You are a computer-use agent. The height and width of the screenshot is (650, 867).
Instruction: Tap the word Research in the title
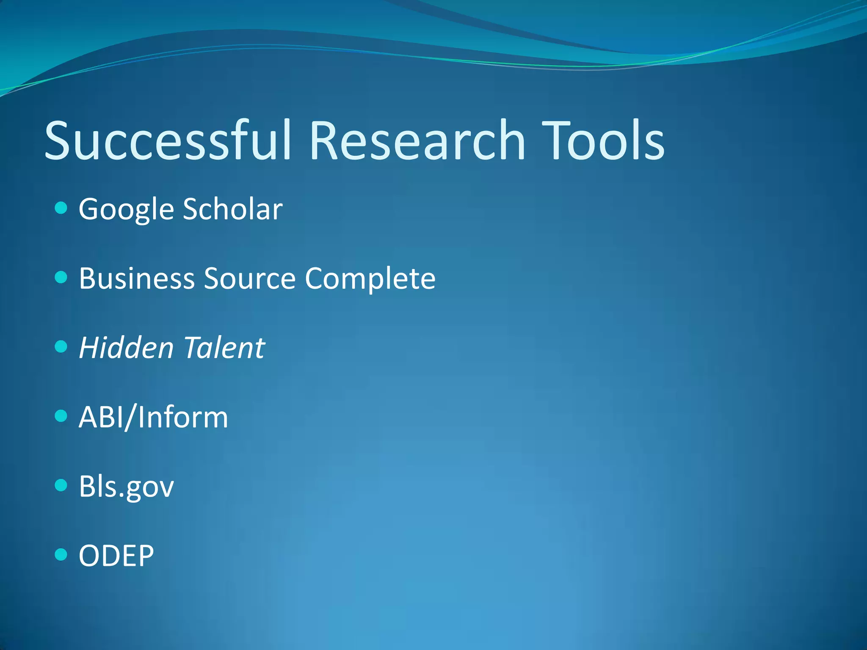pos(417,141)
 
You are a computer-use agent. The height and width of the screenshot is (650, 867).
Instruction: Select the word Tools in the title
pos(603,141)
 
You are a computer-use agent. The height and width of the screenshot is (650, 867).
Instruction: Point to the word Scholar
pos(232,209)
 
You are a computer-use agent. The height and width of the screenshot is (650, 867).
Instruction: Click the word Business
pos(136,278)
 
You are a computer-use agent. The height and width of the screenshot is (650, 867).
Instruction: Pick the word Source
pos(249,278)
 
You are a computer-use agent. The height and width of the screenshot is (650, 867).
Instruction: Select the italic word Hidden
pos(126,348)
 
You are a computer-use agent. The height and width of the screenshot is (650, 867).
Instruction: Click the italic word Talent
pos(224,348)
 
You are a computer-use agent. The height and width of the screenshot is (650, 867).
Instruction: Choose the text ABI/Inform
pos(153,417)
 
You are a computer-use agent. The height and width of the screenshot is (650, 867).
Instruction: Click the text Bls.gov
pos(126,487)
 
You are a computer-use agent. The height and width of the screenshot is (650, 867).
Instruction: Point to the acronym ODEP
pos(116,556)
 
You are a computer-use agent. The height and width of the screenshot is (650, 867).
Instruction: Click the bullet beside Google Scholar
pos(61,208)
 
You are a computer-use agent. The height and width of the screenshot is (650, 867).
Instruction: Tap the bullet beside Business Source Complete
pos(61,277)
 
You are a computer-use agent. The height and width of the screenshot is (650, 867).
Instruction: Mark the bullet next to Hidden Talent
pos(61,347)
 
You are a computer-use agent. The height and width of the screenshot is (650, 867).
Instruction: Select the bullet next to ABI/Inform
pos(61,416)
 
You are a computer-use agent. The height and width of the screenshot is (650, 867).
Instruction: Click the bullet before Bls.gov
pos(61,485)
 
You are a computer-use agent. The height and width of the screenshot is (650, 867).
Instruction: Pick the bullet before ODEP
pos(61,554)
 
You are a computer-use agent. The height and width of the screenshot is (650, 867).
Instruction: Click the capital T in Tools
pos(557,141)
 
